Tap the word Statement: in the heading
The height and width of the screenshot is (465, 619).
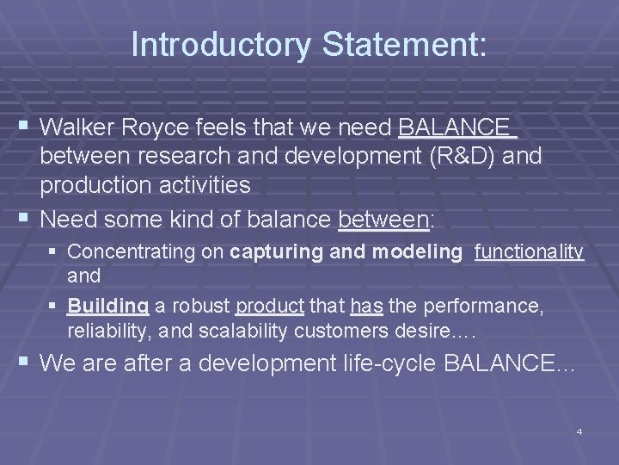[x=405, y=46]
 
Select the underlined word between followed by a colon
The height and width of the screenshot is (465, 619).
[x=383, y=219]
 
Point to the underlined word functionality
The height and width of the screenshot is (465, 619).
[x=529, y=251]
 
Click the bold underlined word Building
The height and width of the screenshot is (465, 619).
[x=107, y=306]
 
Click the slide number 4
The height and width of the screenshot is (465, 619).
[x=579, y=431]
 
